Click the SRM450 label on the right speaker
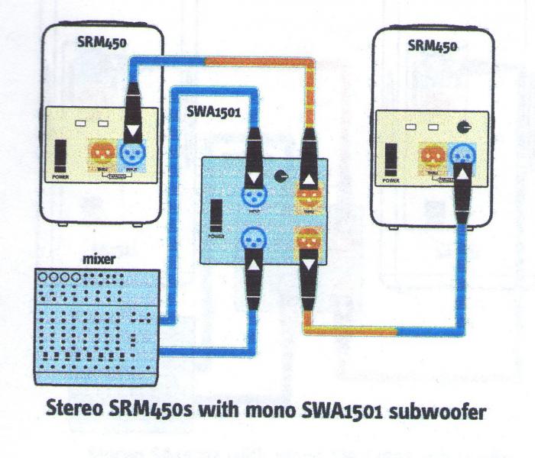(x=433, y=45)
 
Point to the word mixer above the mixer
(x=97, y=260)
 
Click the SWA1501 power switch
(x=216, y=215)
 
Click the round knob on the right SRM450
(x=463, y=128)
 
